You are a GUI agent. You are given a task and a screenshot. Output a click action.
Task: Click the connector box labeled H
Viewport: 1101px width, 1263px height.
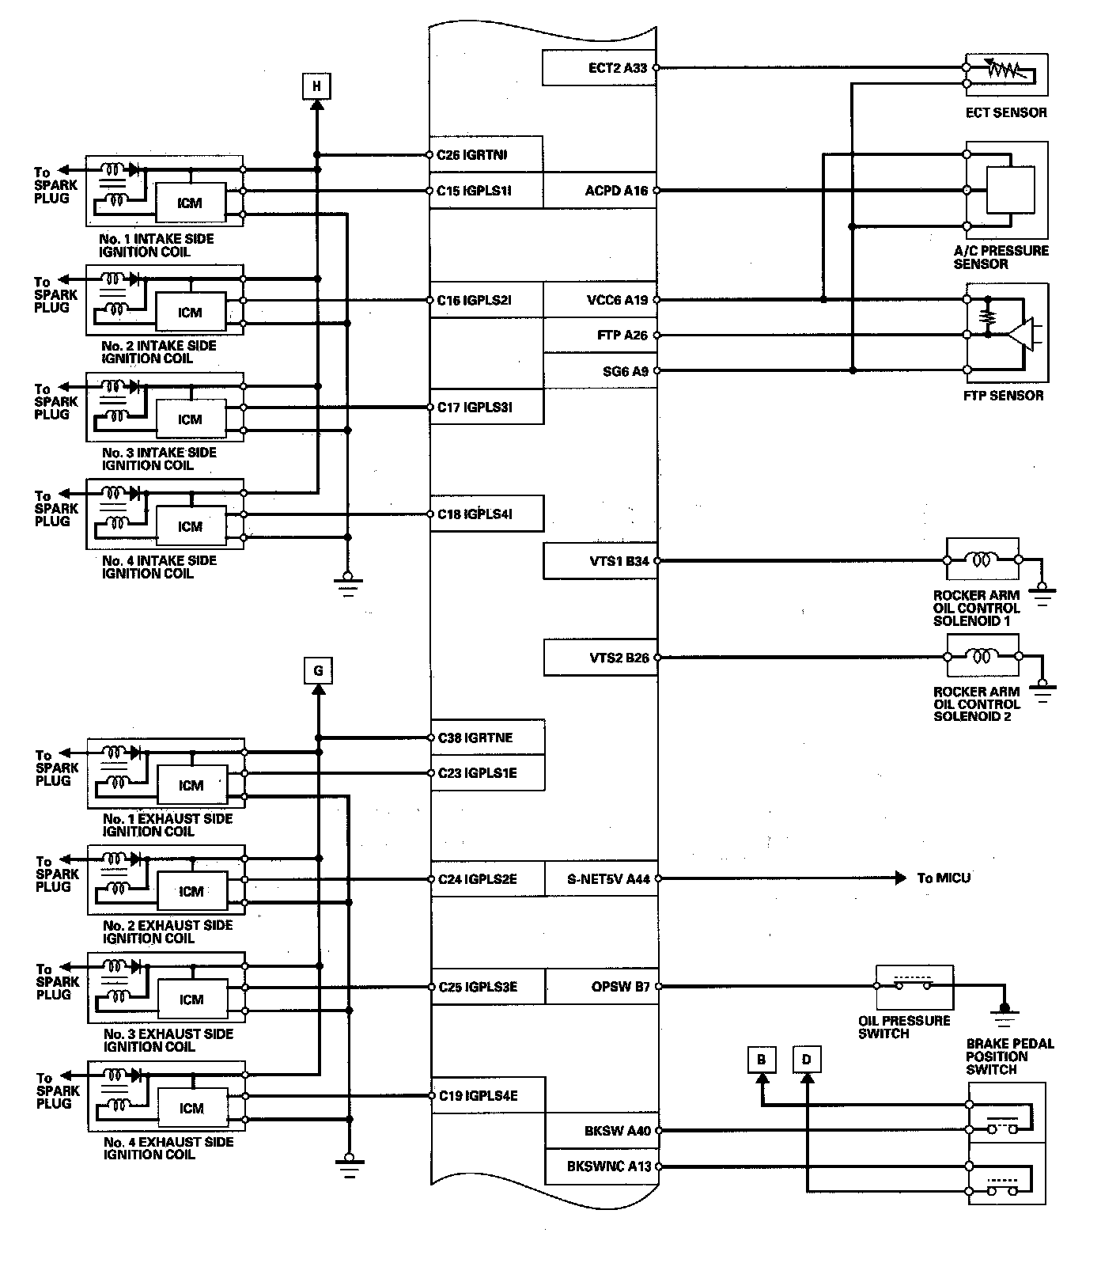point(316,86)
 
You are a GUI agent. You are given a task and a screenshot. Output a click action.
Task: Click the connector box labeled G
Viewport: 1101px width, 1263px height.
point(318,671)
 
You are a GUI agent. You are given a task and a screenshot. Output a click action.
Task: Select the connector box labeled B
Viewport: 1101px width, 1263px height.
point(761,1060)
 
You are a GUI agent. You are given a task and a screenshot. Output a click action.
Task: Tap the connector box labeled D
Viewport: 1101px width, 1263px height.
point(807,1060)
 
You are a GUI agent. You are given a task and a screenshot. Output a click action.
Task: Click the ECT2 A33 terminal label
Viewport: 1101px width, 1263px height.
point(618,68)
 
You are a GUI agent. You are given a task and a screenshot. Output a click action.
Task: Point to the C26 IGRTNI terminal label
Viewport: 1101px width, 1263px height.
point(472,155)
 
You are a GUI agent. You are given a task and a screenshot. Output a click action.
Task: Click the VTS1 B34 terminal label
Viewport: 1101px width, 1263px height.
point(619,561)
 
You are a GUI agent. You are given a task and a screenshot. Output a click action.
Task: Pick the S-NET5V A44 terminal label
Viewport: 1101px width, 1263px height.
point(608,878)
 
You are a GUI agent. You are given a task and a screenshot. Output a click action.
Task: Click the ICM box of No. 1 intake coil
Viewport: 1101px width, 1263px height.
point(190,203)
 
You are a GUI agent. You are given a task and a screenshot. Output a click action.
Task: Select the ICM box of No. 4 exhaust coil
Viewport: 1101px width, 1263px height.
point(191,1109)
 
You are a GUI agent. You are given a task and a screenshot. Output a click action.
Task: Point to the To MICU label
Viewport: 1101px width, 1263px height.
point(944,878)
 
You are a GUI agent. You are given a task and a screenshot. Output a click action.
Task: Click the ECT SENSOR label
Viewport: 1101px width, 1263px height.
point(1006,112)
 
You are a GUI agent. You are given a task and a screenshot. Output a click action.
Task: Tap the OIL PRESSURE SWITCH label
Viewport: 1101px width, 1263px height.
point(904,1027)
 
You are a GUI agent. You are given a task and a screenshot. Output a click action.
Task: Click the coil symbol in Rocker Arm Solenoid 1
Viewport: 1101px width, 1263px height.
point(982,560)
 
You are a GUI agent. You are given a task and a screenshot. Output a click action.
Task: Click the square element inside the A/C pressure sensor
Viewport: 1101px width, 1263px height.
point(1011,190)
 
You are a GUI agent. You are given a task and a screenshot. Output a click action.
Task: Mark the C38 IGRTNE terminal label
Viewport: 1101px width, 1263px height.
point(475,738)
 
